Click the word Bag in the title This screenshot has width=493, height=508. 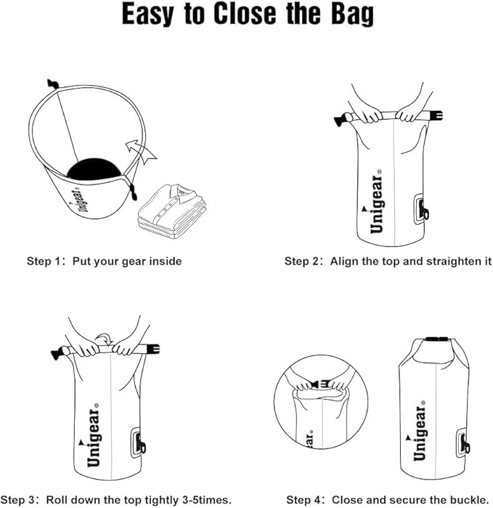[x=345, y=15]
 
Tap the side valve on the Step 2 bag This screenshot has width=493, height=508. [x=421, y=210]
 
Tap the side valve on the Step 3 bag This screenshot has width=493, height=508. [x=138, y=443]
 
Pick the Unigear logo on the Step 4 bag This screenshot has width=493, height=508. [x=420, y=434]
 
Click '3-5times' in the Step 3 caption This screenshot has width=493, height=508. [x=206, y=499]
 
